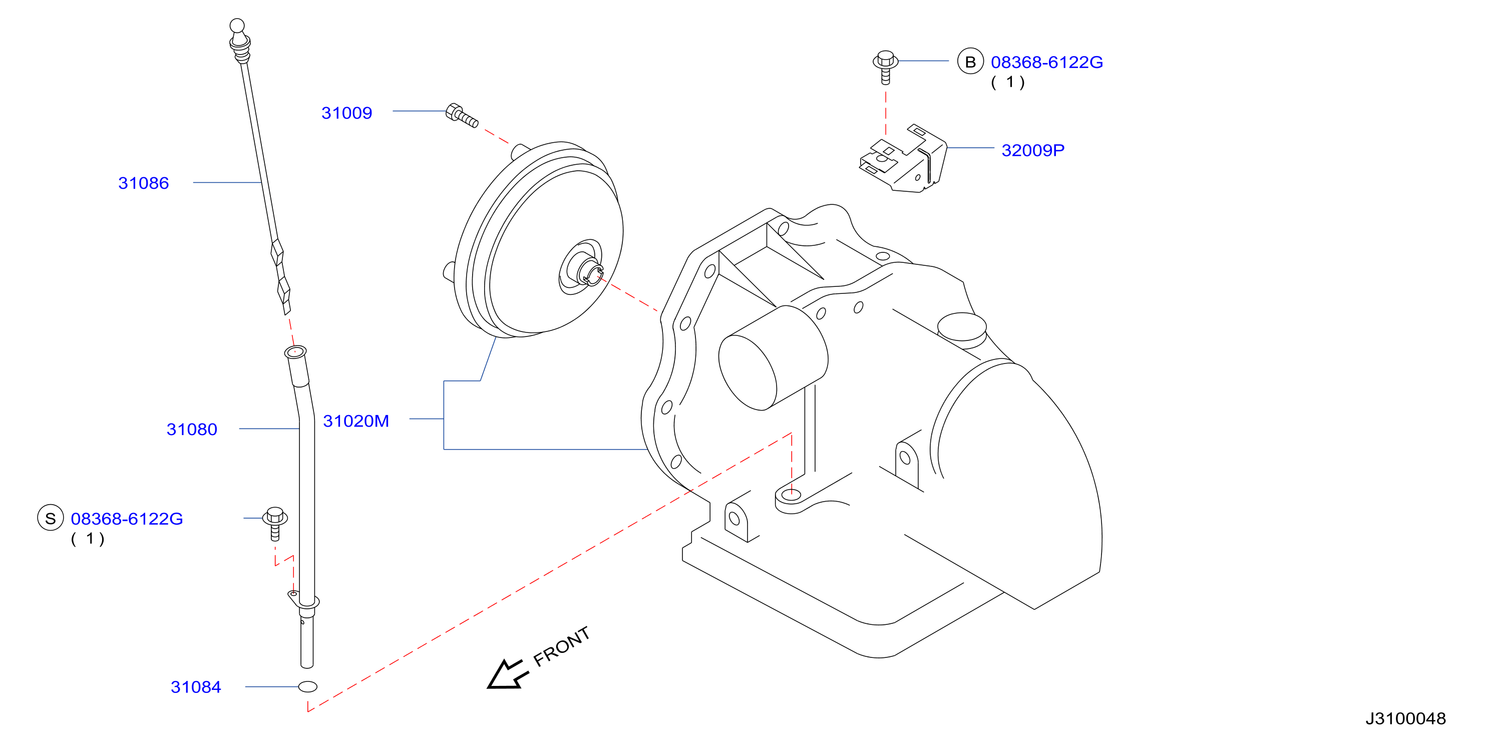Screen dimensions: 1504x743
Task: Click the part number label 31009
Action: tap(347, 113)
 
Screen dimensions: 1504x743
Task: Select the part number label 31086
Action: tap(144, 183)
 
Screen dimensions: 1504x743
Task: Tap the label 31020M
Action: tap(355, 421)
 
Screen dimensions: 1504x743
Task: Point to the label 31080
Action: tap(192, 429)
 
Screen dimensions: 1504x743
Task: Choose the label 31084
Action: tap(196, 687)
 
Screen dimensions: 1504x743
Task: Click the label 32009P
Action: tap(1033, 151)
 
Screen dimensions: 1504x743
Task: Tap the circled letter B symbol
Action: tap(970, 61)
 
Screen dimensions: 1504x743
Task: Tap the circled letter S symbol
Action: tap(50, 518)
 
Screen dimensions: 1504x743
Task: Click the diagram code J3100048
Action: tap(1405, 718)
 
